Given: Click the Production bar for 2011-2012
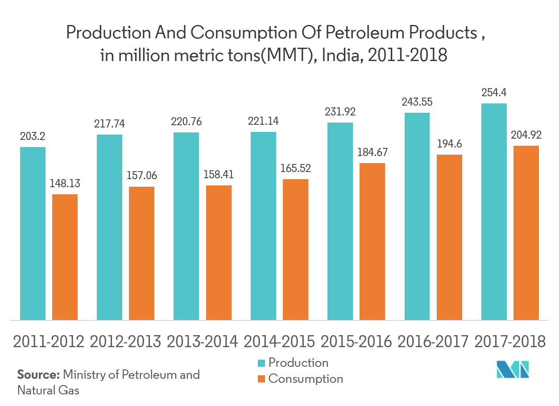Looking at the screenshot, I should coord(33,233).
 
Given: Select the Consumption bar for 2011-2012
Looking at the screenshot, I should coord(65,257).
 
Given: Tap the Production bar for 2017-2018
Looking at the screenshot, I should coord(494,211).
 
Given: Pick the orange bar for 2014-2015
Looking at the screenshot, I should coord(295,249).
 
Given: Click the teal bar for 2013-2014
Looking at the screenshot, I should coord(186,226).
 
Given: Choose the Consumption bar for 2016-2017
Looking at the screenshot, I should coord(449,237).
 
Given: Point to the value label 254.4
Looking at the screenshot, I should coord(494,93).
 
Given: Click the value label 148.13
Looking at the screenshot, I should coord(65,184).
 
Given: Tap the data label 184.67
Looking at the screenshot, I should coord(372,152).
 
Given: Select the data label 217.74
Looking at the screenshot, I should coord(109,124).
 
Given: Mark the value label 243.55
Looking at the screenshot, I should coord(417,102).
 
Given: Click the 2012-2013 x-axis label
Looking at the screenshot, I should coord(125,341).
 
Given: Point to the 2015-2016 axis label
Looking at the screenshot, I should coord(356,341).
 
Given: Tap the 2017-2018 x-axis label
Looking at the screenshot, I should coord(510,341).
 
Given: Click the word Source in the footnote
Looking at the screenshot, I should coord(38,374).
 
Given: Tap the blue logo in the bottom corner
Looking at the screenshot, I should coord(513,369).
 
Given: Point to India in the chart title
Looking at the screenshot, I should coord(337,56).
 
